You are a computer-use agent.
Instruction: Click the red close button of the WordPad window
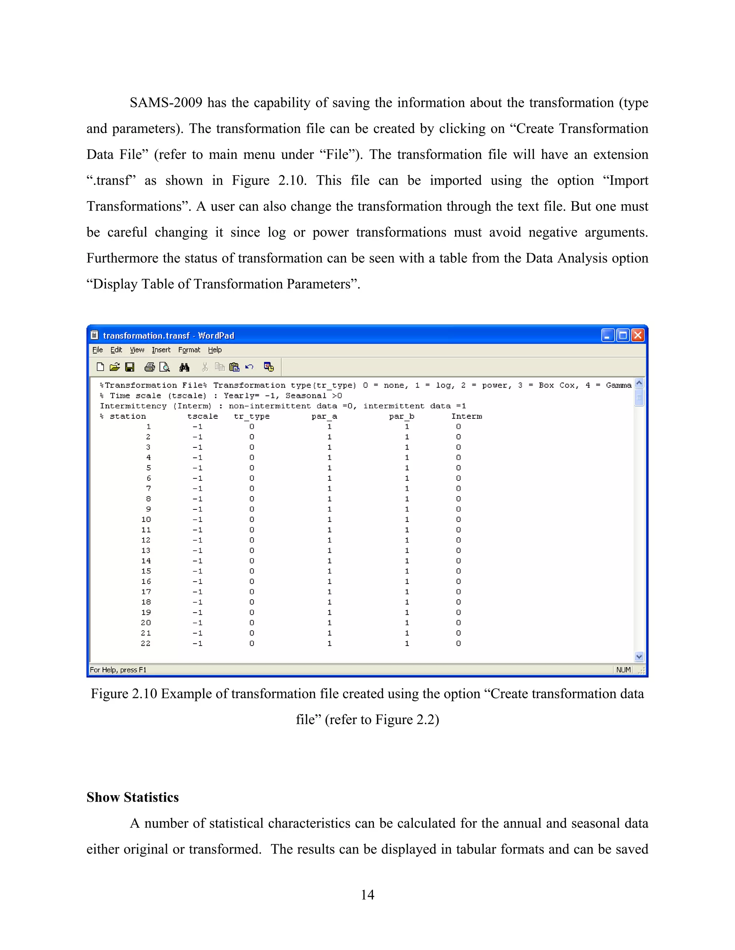coord(637,336)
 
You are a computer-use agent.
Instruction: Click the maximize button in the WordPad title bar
coord(623,336)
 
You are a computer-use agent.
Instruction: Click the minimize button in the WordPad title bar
coord(608,336)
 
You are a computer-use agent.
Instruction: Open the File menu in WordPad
coord(98,350)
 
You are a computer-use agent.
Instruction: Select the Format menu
coord(189,350)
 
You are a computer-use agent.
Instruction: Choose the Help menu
coord(215,350)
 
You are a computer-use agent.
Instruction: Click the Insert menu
coord(161,350)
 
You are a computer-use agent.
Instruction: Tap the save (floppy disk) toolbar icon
coord(130,367)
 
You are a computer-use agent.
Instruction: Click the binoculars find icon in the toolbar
coord(184,367)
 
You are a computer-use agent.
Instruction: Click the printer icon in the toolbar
coord(149,367)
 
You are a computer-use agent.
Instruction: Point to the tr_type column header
coord(252,417)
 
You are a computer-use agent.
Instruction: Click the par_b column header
coord(402,417)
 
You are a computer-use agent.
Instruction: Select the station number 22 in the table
coord(146,644)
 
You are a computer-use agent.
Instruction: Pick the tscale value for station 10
coord(197,520)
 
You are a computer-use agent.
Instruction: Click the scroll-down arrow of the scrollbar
coord(639,657)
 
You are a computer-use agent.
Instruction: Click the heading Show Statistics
coord(132,797)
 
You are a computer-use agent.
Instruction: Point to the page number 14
coord(367,895)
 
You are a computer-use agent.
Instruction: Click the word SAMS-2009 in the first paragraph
coord(166,103)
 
